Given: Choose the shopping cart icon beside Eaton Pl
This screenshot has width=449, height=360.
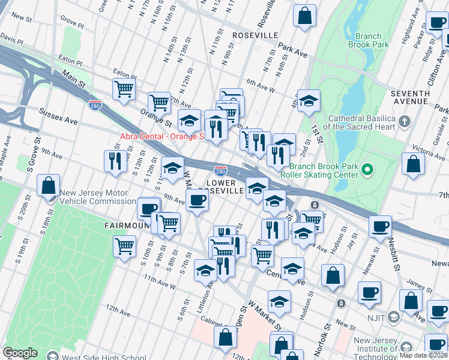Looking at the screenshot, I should click(123, 89).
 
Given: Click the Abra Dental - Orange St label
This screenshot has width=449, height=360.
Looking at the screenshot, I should click(162, 136).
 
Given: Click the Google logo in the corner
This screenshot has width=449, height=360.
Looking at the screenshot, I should click(20, 353).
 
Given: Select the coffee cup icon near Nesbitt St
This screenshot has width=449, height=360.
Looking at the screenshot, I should click(380, 226).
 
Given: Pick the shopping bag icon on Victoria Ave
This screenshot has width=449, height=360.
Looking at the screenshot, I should click(413, 164).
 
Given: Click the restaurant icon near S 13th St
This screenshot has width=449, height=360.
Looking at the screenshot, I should click(114, 160).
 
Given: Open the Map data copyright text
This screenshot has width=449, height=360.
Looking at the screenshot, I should click(423, 355).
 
